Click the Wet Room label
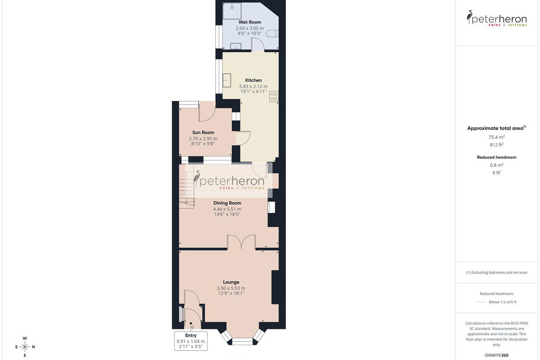(249, 22)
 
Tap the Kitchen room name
(253, 80)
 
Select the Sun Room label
(203, 132)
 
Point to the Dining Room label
(227, 203)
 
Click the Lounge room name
(231, 282)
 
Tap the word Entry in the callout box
(191, 335)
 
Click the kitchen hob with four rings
(274, 96)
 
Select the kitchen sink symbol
(227, 80)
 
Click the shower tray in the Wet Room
(232, 11)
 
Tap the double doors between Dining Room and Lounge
(241, 242)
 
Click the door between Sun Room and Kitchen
(243, 138)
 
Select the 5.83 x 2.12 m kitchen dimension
(253, 86)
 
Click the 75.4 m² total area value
(497, 137)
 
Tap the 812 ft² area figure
(497, 145)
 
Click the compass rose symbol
(25, 347)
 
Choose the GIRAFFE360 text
(497, 355)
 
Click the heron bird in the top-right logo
(469, 17)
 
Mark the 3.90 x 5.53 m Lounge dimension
(231, 288)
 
